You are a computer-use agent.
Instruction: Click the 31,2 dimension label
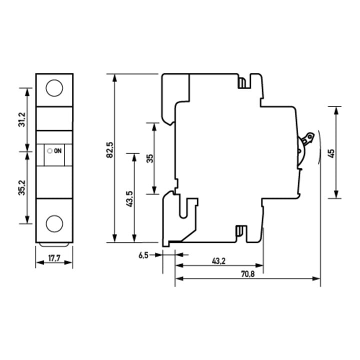coord(22,120)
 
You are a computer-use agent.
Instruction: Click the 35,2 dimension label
coord(22,187)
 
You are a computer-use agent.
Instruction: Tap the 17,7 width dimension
coord(54,258)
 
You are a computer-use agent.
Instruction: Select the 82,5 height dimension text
coord(109,150)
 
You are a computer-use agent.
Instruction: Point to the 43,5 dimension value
coord(129,199)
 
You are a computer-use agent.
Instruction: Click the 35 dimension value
coord(150,158)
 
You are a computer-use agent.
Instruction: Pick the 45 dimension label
coord(331,153)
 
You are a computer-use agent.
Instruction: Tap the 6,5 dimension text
coord(143,255)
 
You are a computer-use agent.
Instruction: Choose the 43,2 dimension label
coord(218,261)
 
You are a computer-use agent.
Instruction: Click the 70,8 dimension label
coord(247,274)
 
